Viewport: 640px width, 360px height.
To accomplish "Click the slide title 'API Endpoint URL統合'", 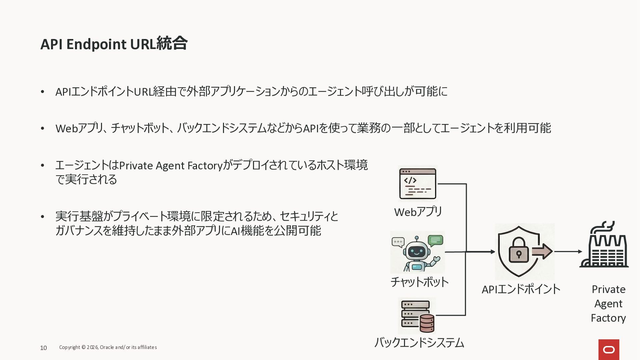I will (x=114, y=44).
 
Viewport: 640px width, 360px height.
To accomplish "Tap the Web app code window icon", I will (x=418, y=184).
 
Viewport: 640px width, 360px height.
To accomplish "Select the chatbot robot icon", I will (x=417, y=253).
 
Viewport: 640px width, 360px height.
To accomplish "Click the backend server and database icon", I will (x=417, y=316).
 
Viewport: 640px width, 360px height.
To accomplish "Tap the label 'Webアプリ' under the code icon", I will (x=418, y=212).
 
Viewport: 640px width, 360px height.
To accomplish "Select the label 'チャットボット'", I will (x=419, y=282).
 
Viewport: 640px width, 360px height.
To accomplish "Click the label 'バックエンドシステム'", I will (x=419, y=343).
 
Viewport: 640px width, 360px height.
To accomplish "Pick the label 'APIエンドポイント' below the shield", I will (x=521, y=289).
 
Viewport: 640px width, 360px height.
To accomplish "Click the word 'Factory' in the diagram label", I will (x=608, y=318).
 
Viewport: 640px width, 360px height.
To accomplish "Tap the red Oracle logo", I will (x=609, y=349).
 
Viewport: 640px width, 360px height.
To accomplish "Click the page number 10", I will (x=43, y=348).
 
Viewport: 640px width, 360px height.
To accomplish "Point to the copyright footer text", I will (x=108, y=347).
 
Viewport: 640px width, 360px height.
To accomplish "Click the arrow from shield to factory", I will (x=568, y=252).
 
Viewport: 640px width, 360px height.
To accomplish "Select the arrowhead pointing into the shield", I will (x=493, y=252).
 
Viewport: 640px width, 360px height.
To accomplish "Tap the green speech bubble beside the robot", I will (x=435, y=240).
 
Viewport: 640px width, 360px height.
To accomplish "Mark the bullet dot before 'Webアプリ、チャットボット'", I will (x=42, y=128).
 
